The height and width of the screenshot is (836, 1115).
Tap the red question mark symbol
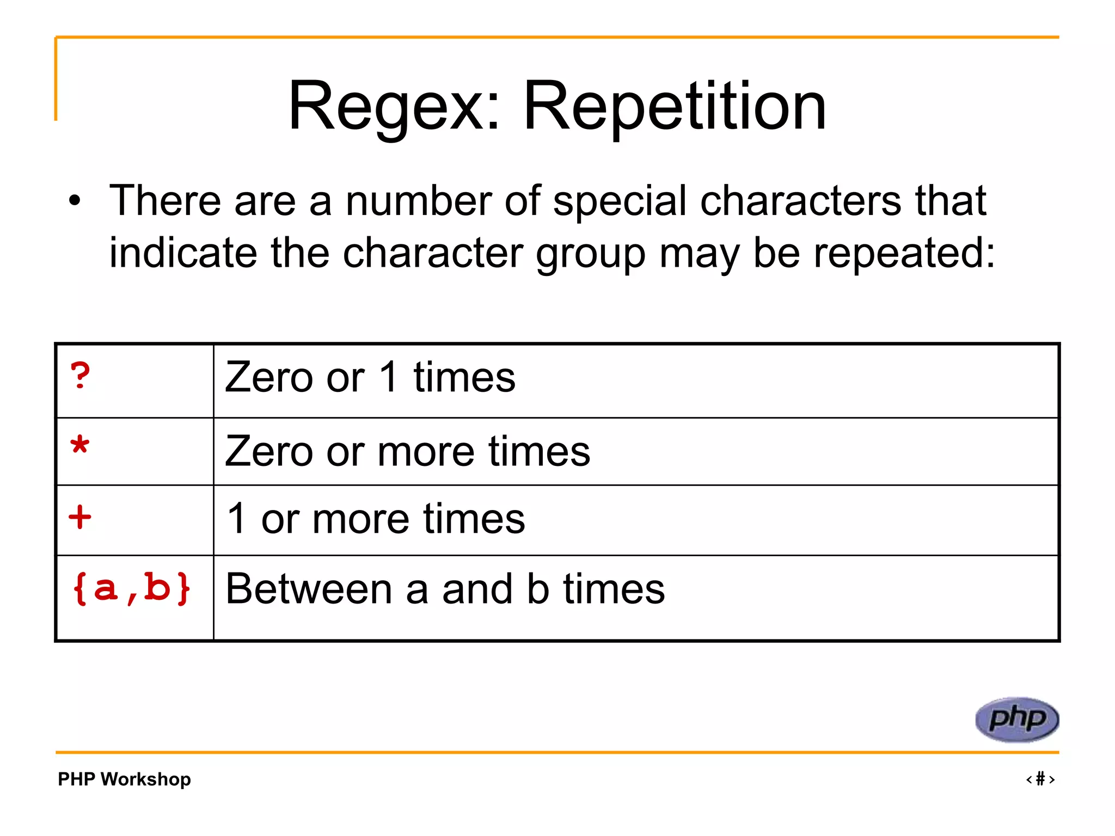[80, 376]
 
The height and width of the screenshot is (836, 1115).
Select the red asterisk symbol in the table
[79, 446]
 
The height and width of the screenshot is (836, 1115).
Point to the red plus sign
[80, 517]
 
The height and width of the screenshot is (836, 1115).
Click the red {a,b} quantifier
[131, 588]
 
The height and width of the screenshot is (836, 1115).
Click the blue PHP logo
[1016, 720]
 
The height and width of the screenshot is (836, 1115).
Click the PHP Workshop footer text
[124, 779]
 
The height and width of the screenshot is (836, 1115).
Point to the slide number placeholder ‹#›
[1040, 779]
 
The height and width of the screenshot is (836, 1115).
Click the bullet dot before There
[75, 201]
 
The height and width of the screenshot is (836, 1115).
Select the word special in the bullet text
[620, 201]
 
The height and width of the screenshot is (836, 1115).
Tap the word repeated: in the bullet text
[876, 253]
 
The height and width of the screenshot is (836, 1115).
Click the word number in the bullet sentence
[418, 201]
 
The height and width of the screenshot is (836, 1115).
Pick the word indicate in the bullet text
[183, 253]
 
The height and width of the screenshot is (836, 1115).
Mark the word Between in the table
[309, 589]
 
